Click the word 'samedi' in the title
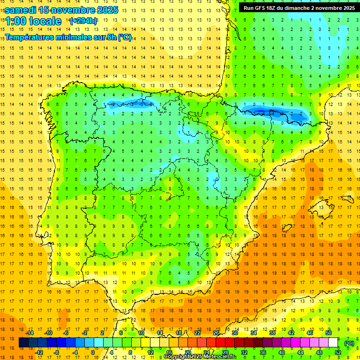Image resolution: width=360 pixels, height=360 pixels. [x=21, y=9]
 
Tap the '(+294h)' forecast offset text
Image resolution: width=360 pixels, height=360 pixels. [x=83, y=21]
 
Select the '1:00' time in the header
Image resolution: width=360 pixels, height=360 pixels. [x=15, y=21]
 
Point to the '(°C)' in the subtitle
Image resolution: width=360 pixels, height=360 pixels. [x=124, y=37]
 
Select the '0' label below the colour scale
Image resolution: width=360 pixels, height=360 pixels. [x=92, y=352]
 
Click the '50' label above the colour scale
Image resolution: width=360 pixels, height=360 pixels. [x=329, y=333]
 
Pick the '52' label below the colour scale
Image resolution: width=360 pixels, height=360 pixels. [x=338, y=352]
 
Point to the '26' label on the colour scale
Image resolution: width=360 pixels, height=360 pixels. [x=216, y=333]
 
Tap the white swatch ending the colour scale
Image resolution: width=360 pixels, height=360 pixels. [x=333, y=343]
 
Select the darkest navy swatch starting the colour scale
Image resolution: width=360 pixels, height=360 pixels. [x=23, y=343]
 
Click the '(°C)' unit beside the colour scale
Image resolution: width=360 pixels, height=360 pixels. [x=349, y=343]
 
